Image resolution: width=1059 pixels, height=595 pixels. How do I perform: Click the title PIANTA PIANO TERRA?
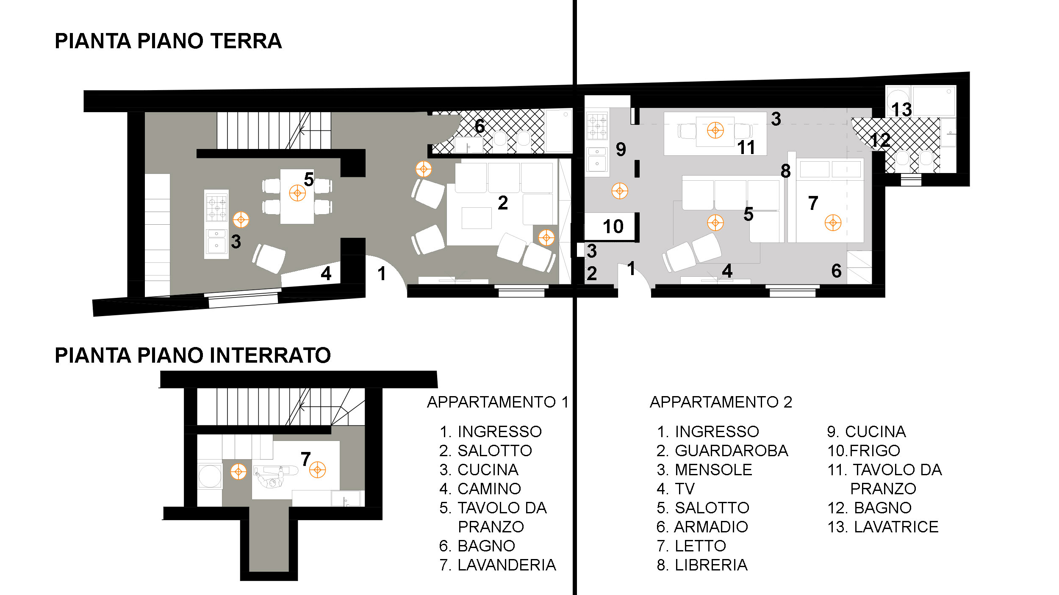coord(168,41)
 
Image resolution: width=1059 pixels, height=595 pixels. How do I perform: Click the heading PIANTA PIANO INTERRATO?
coord(193,355)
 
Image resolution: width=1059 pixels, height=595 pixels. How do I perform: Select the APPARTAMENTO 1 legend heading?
coord(498,402)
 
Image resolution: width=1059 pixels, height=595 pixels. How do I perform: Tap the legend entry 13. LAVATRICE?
coord(883,527)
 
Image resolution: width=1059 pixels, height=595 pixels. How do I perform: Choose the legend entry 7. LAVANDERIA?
coord(498,565)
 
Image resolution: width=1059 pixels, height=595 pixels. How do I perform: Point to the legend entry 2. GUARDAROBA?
coord(722,451)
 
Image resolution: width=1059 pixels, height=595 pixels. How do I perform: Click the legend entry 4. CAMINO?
coord(480,489)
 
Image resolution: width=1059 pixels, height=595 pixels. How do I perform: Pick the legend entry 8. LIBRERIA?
coord(702,565)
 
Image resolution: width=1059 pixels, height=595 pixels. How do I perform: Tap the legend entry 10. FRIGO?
coord(864,451)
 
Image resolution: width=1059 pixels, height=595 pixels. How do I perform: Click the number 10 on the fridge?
coord(613,227)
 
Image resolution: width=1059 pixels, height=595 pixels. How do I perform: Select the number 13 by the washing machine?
coord(901,110)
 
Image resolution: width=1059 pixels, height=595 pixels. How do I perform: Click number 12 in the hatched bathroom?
coord(880,140)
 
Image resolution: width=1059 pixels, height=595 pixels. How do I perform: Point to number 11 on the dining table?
coord(746,148)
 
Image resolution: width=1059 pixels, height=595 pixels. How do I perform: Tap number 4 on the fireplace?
coord(326,274)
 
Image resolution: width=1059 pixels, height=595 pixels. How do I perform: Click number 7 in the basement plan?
coord(306,459)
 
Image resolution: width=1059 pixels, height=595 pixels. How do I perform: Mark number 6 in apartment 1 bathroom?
coord(480,126)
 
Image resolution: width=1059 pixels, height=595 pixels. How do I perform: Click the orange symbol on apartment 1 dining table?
coord(297,193)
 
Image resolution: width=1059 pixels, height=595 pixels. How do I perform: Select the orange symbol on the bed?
coord(833,223)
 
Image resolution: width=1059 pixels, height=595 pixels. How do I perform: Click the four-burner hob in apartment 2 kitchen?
coord(597,126)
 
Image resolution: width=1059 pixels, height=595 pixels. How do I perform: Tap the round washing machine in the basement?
coord(210,476)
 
